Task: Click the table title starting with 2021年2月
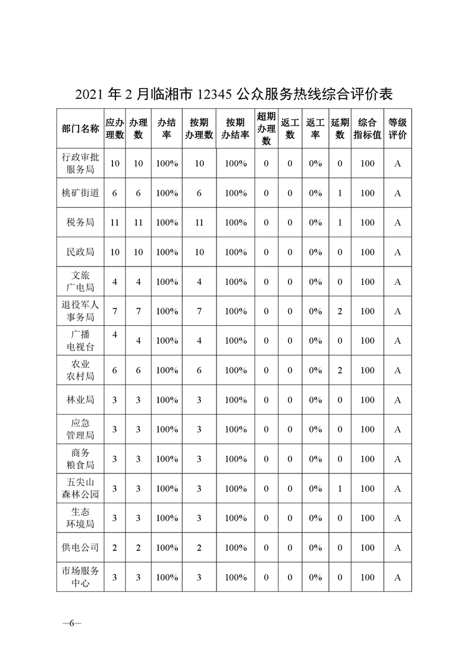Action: pos(235,94)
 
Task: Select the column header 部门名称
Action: pos(80,128)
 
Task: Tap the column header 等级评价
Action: pos(397,128)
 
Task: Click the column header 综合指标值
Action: pos(367,128)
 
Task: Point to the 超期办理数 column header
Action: pos(266,128)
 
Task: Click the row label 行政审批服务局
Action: pos(80,163)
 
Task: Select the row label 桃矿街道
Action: pos(80,193)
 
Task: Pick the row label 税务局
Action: pos(80,222)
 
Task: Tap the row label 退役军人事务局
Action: pos(80,311)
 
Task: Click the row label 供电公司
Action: pos(80,547)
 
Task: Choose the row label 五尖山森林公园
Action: pos(80,488)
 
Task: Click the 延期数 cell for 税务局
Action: pos(340,222)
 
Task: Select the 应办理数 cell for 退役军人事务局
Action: pos(115,311)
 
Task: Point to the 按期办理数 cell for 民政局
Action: pos(199,252)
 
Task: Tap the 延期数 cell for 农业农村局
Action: pos(340,370)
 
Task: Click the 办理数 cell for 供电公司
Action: pos(138,547)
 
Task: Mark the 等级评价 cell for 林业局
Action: pos(397,400)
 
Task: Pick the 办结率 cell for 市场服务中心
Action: pos(167,577)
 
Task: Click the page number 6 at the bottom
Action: pos(71,623)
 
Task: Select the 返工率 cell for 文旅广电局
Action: pos(315,281)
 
